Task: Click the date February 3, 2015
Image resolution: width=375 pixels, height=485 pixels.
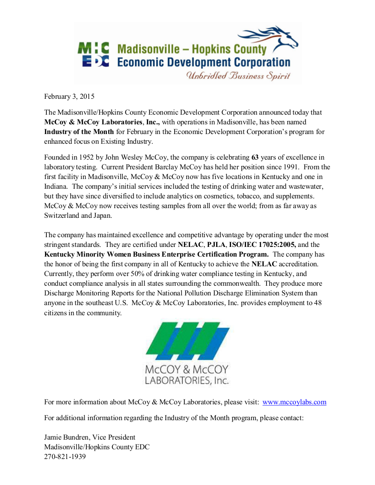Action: [x=69, y=96]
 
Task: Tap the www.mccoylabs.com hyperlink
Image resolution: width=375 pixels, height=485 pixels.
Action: [x=294, y=402]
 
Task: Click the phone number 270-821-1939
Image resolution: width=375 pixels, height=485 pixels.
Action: [x=65, y=457]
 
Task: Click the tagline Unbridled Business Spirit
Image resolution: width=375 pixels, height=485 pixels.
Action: [x=238, y=76]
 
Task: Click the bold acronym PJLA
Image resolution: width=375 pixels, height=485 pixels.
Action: [x=216, y=244]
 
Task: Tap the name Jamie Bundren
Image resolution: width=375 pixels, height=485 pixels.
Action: [x=65, y=437]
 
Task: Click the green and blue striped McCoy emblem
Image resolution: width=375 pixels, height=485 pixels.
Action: [x=187, y=341]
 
